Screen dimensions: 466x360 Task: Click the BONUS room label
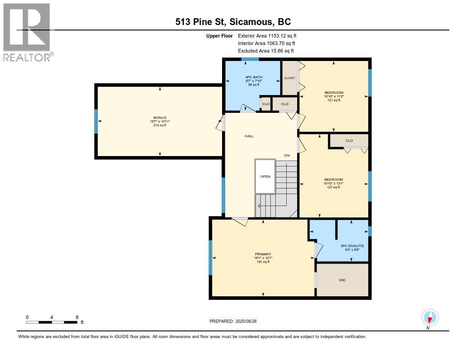[x=160, y=118]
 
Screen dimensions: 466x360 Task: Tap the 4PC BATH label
[x=254, y=77]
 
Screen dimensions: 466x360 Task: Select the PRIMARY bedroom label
[x=263, y=254]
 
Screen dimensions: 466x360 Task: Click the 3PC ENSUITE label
[x=352, y=246]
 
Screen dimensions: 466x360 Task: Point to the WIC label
[x=342, y=280]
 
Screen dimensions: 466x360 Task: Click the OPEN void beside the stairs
[x=265, y=177]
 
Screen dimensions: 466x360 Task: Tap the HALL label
[x=249, y=136]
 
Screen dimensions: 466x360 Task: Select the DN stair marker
[x=287, y=156]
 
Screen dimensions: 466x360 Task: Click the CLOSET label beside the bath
[x=289, y=78]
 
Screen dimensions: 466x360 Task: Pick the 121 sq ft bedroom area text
[x=334, y=100]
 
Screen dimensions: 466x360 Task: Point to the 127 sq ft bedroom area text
[x=334, y=188]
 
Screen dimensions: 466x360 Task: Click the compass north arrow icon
[x=430, y=318]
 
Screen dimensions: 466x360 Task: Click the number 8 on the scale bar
[x=77, y=317]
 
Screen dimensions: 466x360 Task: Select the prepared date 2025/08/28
[x=246, y=321]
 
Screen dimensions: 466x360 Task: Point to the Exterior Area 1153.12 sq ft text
[x=267, y=35]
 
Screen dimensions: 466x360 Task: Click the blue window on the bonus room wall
[x=96, y=121]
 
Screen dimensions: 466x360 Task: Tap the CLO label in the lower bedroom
[x=349, y=141]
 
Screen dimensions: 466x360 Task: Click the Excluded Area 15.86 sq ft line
[x=266, y=51]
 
